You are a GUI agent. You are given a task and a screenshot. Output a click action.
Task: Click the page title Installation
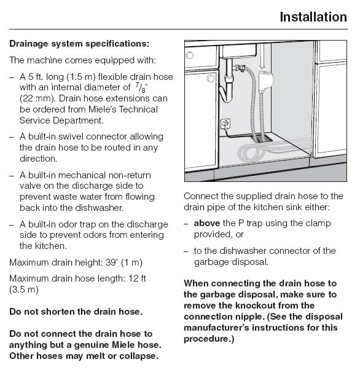313,17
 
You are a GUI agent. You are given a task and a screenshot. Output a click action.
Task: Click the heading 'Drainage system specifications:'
79,44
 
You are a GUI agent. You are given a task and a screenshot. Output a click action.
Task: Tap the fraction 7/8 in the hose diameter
139,87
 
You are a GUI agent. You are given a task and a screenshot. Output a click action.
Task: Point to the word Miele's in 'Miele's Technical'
103,109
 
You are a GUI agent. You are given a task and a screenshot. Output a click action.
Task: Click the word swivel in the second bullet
71,136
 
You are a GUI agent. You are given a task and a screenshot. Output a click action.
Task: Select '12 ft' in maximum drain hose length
137,278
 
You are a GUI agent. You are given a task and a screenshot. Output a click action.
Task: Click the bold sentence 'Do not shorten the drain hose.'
76,312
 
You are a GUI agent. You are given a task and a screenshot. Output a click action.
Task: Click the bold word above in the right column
207,223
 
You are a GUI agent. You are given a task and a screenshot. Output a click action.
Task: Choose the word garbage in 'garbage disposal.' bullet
210,262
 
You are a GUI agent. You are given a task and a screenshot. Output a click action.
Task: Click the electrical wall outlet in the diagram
225,124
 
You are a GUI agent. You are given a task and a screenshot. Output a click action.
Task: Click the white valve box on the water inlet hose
265,80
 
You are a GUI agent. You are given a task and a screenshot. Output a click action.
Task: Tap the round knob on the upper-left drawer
189,55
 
